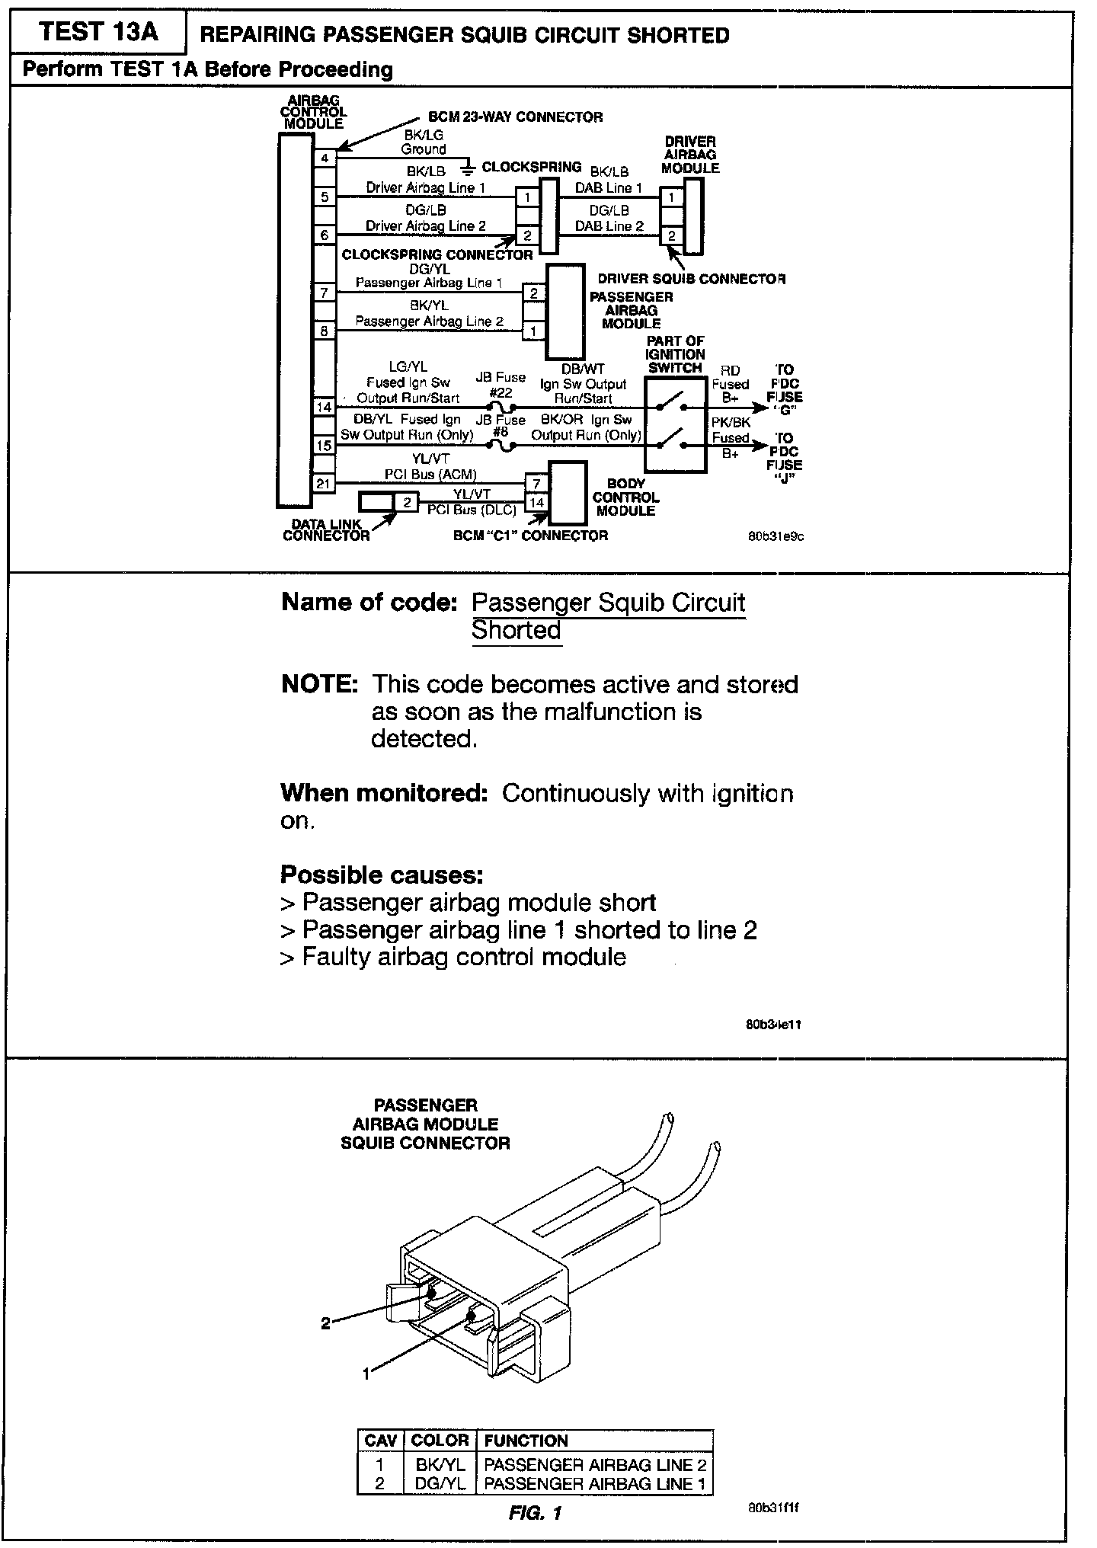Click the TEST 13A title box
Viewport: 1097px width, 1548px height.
(x=98, y=32)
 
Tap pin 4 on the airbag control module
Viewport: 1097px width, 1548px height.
(x=325, y=158)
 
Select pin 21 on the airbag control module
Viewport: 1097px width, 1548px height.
(x=325, y=483)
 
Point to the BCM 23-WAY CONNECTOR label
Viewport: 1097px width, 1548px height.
(x=516, y=117)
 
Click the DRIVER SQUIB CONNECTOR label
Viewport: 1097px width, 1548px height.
(x=691, y=279)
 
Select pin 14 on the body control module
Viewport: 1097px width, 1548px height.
(x=536, y=502)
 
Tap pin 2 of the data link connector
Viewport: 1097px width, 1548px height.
(x=407, y=502)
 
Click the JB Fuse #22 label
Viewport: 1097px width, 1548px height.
(x=501, y=385)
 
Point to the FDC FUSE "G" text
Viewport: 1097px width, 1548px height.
(x=785, y=396)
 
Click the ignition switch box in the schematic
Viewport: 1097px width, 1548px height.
(x=675, y=425)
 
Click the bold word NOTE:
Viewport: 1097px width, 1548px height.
(x=319, y=684)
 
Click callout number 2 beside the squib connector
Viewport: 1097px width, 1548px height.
(x=325, y=1323)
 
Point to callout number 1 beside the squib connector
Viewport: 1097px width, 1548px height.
(x=366, y=1374)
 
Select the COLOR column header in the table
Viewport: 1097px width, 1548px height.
(x=440, y=1441)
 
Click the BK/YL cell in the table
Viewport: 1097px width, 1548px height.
(x=440, y=1464)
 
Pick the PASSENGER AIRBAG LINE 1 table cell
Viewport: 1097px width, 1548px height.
(x=595, y=1483)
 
